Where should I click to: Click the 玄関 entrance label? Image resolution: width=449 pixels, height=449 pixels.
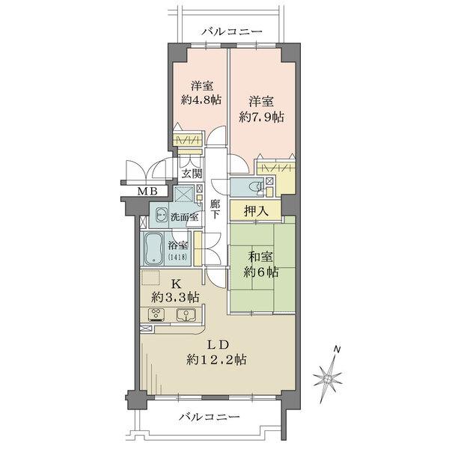(x=192, y=174)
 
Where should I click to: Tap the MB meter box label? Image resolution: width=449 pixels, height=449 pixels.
(x=147, y=191)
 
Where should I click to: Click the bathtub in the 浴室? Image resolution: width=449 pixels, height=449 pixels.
(x=153, y=248)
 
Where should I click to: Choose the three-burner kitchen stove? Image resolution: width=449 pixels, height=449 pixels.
(x=156, y=315)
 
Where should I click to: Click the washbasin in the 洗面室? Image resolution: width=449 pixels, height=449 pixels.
(x=162, y=215)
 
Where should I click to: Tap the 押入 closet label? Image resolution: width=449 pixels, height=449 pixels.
(x=256, y=211)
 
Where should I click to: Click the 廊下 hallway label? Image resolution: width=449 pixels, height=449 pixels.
(x=215, y=210)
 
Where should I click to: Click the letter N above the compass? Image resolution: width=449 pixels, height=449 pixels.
(x=337, y=349)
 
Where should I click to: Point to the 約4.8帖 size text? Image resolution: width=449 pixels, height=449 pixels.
(x=201, y=100)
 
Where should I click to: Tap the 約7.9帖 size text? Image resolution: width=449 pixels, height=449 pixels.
(x=261, y=117)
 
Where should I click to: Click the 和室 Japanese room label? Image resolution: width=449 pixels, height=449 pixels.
(x=260, y=257)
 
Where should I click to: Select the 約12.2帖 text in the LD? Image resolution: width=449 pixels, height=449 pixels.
(x=216, y=360)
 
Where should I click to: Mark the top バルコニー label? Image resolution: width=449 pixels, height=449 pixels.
(x=231, y=31)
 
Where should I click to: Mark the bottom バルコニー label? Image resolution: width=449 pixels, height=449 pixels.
(x=209, y=417)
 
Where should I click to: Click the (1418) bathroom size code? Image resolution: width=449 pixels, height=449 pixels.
(x=177, y=257)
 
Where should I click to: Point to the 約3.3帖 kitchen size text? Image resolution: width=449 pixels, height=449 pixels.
(x=176, y=298)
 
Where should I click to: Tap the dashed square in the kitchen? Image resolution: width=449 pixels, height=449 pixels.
(x=150, y=278)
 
